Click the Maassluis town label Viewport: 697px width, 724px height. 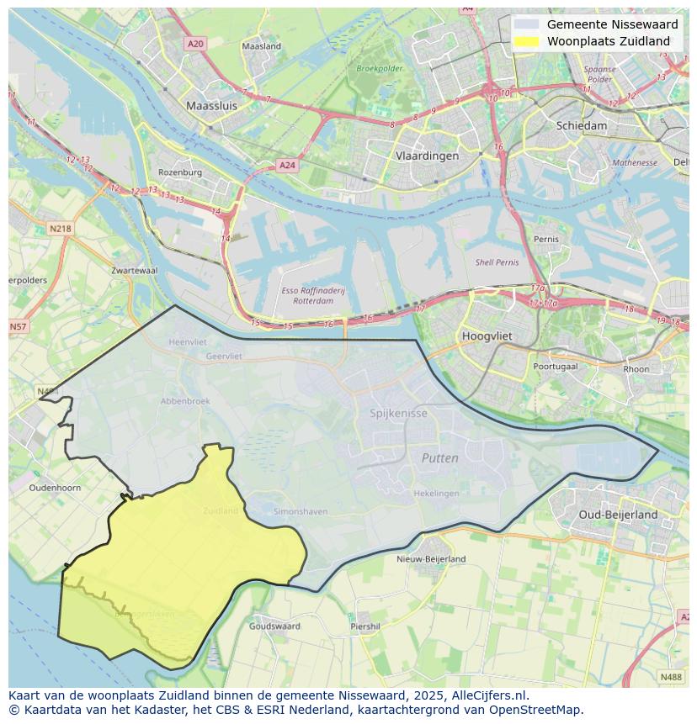pos(211,107)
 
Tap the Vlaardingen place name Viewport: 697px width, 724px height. pos(427,156)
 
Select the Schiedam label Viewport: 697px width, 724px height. pos(581,125)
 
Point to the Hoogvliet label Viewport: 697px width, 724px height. pos(487,336)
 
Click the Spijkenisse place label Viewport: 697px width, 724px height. pos(398,413)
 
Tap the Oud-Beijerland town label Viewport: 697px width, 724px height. pos(618,514)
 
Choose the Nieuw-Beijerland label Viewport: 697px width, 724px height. pos(431,558)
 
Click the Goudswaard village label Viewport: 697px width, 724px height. pos(274,626)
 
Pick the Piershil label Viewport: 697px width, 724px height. pos(365,626)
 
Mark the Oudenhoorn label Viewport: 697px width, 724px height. pos(55,488)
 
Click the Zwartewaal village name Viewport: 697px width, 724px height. pos(134,271)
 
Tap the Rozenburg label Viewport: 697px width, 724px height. pos(180,172)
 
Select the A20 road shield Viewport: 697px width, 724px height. pos(195,44)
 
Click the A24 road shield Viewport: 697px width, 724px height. pos(287,166)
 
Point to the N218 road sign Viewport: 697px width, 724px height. pos(60,228)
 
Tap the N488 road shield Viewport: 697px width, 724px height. pos(671,676)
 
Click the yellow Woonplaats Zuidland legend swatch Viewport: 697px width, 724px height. pos(526,41)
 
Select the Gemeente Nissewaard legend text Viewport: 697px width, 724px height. pos(611,24)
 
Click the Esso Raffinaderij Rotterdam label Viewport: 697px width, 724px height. pos(313,295)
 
